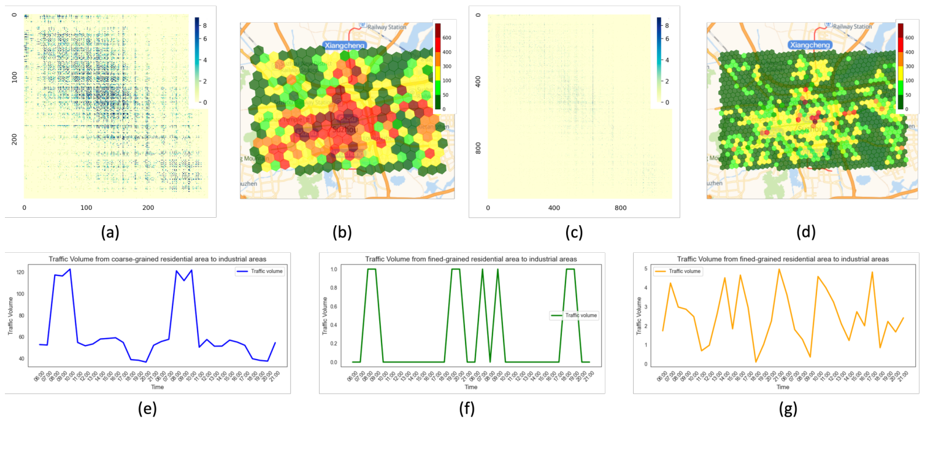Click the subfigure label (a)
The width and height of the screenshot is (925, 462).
pyautogui.click(x=110, y=233)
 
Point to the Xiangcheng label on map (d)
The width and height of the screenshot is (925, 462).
pyautogui.click(x=810, y=45)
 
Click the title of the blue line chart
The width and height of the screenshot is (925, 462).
pyautogui.click(x=148, y=258)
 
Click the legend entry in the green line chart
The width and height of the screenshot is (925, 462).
pyautogui.click(x=575, y=315)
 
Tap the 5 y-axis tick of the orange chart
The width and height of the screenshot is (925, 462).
pyautogui.click(x=647, y=269)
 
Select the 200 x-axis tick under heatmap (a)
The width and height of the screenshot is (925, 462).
pyautogui.click(x=148, y=207)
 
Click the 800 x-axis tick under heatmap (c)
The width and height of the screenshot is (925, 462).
pyautogui.click(x=621, y=207)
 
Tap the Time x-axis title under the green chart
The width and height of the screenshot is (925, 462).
pyautogui.click(x=471, y=387)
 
